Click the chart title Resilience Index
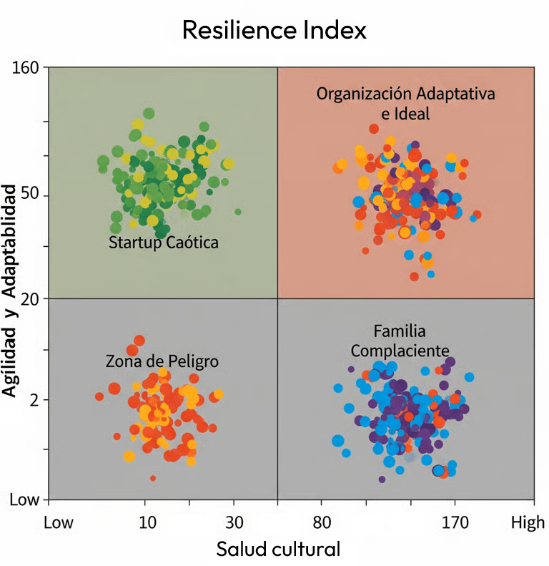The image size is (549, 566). [x=274, y=30]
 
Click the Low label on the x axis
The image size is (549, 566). [x=59, y=522]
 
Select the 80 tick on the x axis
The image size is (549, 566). [x=322, y=522]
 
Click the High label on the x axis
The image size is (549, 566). [x=528, y=522]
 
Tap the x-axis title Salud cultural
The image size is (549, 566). [x=278, y=550]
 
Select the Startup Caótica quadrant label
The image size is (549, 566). [x=163, y=243]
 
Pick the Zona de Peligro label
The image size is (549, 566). [x=162, y=361]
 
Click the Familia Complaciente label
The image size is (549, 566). [x=400, y=341]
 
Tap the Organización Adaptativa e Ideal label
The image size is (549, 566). [x=406, y=103]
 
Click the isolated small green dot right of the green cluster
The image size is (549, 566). [x=238, y=212]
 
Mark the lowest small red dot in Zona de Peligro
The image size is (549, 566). [x=152, y=478]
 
